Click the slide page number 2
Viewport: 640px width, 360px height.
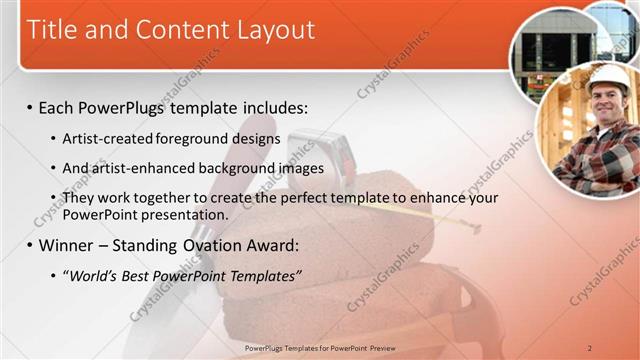coord(590,347)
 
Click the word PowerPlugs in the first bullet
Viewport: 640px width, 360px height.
coord(128,107)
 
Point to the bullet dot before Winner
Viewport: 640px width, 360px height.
coord(29,246)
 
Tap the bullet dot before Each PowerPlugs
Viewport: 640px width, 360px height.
coord(29,107)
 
